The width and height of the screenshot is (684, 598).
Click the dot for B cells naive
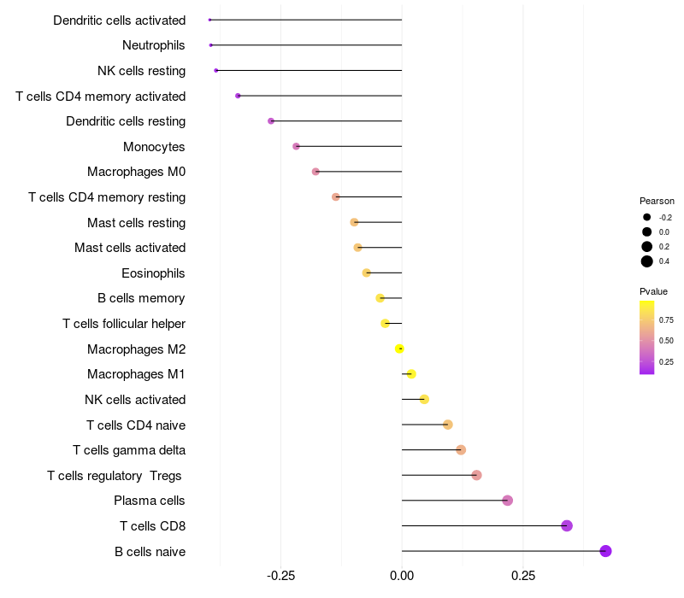click(605, 551)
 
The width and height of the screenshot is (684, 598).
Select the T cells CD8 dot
click(566, 525)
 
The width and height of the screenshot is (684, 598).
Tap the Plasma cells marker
click(507, 501)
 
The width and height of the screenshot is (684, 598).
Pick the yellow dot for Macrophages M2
click(399, 349)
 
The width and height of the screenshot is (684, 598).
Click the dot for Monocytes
click(296, 146)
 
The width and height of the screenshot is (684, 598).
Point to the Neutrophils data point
click(210, 45)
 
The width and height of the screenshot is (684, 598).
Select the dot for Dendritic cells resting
click(271, 121)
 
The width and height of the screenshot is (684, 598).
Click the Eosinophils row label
click(154, 273)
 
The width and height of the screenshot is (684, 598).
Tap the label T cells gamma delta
click(129, 450)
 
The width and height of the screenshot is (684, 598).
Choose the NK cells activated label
click(135, 400)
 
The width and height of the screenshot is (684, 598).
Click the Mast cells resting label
click(136, 223)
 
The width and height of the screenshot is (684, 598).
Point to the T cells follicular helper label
click(124, 324)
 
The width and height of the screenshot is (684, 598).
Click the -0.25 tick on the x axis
click(281, 576)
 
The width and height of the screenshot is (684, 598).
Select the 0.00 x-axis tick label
click(402, 576)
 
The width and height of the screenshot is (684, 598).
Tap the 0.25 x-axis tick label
click(523, 576)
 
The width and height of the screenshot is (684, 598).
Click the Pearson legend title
click(657, 201)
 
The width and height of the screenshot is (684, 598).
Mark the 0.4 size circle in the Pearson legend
click(647, 261)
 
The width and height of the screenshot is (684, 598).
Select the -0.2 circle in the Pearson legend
click(647, 217)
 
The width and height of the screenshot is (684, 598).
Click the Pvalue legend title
click(654, 291)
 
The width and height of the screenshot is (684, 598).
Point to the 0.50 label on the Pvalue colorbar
click(667, 341)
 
